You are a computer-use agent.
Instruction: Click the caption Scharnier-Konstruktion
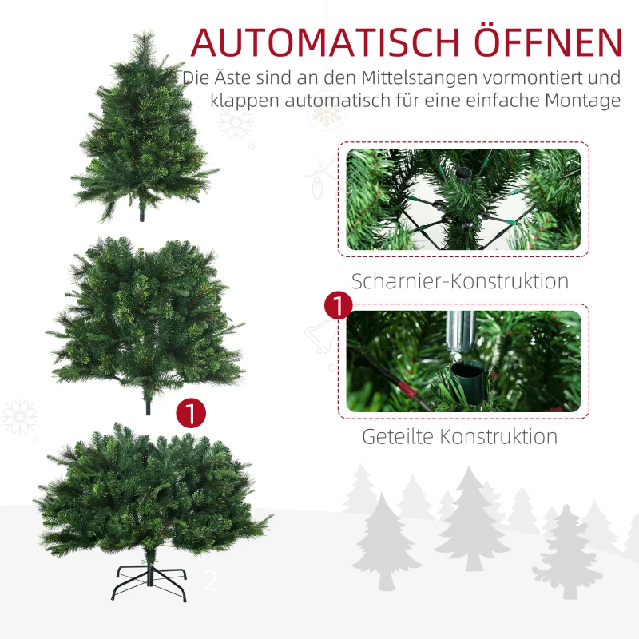point(460,282)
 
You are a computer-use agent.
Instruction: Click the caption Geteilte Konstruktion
point(460,437)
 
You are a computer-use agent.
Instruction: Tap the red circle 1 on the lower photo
point(339,306)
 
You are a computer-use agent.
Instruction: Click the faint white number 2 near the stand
point(211,581)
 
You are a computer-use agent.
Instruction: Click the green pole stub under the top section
point(144,214)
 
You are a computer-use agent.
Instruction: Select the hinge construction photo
point(462,200)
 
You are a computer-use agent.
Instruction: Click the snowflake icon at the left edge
point(19,417)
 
